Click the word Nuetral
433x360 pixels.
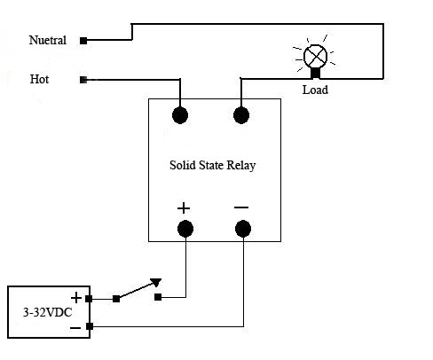(47, 40)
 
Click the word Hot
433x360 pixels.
(39, 79)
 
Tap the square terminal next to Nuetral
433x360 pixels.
(83, 41)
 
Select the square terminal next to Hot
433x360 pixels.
(83, 80)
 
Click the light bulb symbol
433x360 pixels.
(315, 56)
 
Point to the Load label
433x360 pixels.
(315, 90)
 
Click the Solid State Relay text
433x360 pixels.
(212, 165)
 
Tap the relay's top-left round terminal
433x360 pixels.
(180, 115)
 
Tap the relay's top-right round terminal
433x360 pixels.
(241, 115)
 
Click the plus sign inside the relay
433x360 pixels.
(184, 208)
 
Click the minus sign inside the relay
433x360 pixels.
(241, 207)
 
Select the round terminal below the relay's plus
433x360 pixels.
(185, 229)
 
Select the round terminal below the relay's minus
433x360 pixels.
(243, 229)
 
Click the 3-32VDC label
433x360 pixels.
(47, 312)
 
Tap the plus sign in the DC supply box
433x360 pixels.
(76, 298)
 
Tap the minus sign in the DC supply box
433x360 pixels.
(75, 328)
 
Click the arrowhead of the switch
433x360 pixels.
(156, 282)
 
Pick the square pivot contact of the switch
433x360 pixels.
(116, 299)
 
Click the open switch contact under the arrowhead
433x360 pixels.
(158, 297)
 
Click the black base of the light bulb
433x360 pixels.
(315, 73)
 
